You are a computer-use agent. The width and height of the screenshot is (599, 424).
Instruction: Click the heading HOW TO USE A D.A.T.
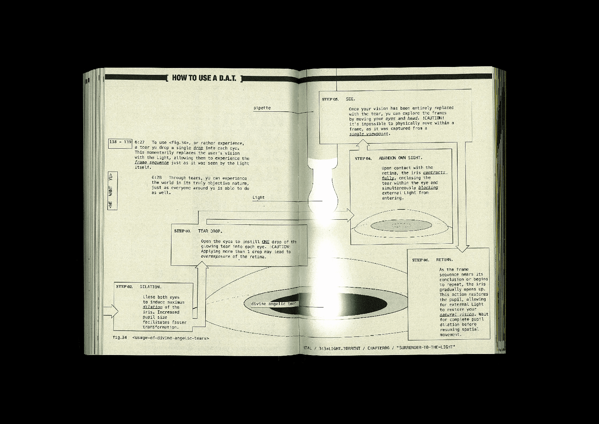[204, 78]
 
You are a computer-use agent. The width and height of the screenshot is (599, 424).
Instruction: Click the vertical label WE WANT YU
[112, 191]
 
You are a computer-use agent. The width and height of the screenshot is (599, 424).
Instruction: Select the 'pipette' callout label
[262, 108]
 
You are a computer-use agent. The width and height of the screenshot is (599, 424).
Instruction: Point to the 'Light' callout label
[259, 197]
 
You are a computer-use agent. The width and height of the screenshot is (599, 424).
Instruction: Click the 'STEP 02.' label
[124, 287]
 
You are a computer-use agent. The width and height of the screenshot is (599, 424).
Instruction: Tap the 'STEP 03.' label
[182, 231]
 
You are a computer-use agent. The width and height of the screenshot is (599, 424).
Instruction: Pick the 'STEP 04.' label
[363, 158]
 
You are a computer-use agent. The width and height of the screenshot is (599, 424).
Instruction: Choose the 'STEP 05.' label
[330, 99]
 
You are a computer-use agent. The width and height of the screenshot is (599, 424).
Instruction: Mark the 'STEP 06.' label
[420, 260]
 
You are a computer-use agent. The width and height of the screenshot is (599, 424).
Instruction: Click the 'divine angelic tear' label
[273, 304]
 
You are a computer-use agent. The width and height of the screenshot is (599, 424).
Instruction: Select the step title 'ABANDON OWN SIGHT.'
[400, 158]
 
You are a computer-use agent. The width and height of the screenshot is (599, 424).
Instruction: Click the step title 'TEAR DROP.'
[210, 231]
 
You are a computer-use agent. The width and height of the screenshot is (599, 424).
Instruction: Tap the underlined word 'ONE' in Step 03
[265, 242]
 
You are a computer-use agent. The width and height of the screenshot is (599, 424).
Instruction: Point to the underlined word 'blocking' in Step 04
[428, 188]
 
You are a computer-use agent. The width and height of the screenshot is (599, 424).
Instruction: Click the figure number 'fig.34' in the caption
[120, 338]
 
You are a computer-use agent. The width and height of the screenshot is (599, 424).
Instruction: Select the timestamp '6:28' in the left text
[156, 178]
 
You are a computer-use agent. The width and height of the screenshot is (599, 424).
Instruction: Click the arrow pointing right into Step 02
[110, 311]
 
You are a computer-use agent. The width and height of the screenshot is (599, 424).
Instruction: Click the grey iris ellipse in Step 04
[401, 225]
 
